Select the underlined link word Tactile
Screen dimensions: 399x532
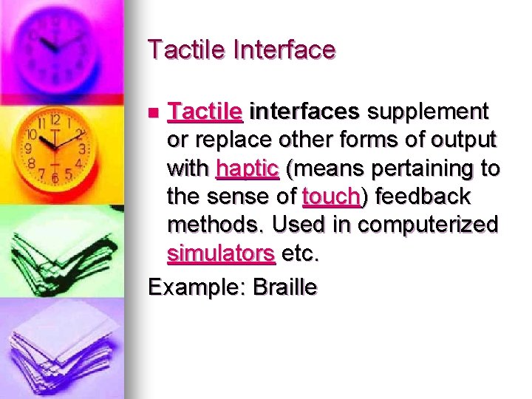(205, 112)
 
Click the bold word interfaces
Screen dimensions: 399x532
(304, 112)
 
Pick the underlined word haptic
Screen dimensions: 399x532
(247, 168)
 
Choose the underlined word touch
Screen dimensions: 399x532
(332, 197)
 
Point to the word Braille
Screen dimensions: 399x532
(284, 287)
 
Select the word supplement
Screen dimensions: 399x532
(428, 112)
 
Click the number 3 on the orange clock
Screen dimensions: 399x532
(82, 149)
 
